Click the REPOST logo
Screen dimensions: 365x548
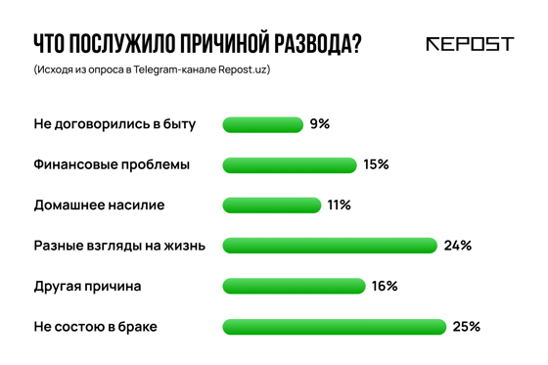pyautogui.click(x=470, y=44)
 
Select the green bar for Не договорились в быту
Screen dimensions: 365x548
pyautogui.click(x=262, y=124)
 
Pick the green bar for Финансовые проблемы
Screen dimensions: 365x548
pyautogui.click(x=289, y=165)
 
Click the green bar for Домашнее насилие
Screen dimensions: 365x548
pyautogui.click(x=271, y=205)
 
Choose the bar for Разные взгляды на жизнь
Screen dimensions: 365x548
pyautogui.click(x=329, y=246)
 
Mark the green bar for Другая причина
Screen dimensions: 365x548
pyautogui.click(x=294, y=286)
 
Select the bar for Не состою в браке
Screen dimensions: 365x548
pyautogui.click(x=334, y=327)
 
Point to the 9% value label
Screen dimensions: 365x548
pyautogui.click(x=320, y=124)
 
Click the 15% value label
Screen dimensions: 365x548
pyautogui.click(x=376, y=165)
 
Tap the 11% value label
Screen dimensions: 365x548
pyautogui.click(x=339, y=205)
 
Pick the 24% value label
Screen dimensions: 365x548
pyautogui.click(x=458, y=246)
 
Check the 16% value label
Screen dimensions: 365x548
pyautogui.click(x=384, y=286)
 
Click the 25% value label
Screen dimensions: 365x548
pyautogui.click(x=467, y=327)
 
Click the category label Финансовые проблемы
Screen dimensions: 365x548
pyautogui.click(x=112, y=165)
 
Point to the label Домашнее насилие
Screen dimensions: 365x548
pyautogui.click(x=99, y=205)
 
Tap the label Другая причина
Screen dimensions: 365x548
pyautogui.click(x=87, y=286)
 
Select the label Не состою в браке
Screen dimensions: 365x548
pyautogui.click(x=95, y=327)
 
